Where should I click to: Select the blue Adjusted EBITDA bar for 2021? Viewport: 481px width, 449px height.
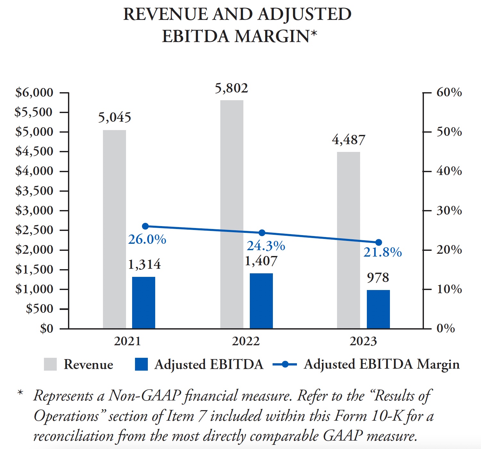[x=144, y=303]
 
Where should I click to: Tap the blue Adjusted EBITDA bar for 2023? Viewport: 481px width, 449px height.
[x=378, y=309]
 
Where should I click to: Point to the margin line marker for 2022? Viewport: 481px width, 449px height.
[x=262, y=233]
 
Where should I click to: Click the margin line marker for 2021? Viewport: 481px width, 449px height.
[x=145, y=226]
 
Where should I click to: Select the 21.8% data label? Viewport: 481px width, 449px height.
[x=382, y=252]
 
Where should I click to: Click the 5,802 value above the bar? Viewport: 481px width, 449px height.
[x=231, y=88]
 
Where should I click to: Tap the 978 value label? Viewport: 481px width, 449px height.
[x=378, y=278]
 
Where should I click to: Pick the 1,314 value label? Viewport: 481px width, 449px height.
[x=144, y=264]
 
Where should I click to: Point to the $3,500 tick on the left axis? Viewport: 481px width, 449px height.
[x=34, y=191]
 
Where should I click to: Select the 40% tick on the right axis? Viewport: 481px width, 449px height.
[x=449, y=171]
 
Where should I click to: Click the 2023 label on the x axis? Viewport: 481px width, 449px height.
[x=363, y=341]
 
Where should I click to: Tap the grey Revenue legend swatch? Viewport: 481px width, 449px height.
[x=50, y=364]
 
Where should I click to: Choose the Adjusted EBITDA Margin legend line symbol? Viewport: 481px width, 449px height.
[x=284, y=364]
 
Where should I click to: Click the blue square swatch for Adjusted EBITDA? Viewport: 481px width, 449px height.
[x=141, y=364]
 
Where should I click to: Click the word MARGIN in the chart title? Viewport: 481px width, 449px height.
[x=272, y=36]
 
